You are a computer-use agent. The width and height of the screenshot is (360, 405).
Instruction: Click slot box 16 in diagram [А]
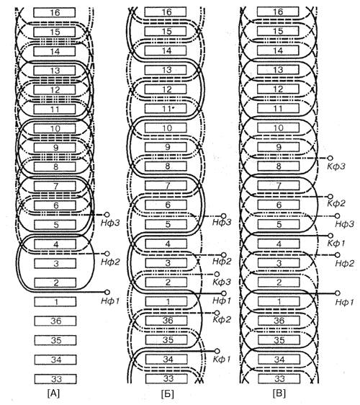[x=55, y=12]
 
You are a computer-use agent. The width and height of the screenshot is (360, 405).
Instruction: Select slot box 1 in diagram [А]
[x=55, y=302]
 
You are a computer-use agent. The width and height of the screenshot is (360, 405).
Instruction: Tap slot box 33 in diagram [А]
[x=55, y=379]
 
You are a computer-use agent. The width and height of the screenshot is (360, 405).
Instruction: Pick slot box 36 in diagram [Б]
[x=167, y=321]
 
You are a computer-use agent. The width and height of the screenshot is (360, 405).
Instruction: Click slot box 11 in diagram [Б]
[x=166, y=109]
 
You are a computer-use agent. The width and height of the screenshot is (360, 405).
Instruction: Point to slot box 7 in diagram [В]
[x=279, y=185]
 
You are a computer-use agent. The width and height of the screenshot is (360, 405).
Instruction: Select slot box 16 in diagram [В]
[x=278, y=12]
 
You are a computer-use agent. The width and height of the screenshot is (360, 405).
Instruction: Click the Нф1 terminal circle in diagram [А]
[x=107, y=292]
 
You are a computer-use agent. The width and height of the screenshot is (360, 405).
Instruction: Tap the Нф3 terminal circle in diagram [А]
[x=107, y=215]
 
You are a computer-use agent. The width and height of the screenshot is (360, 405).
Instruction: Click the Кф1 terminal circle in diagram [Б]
[x=217, y=351]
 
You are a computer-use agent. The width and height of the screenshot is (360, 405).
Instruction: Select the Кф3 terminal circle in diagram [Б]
[x=217, y=274]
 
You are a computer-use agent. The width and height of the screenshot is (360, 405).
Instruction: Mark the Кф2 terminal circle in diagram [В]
[x=330, y=197]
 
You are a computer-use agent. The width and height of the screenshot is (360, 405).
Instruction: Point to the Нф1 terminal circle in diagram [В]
[x=337, y=293]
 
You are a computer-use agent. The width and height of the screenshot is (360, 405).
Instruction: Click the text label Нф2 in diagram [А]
[x=110, y=262]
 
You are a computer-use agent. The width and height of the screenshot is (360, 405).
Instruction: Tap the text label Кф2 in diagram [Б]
[x=222, y=320]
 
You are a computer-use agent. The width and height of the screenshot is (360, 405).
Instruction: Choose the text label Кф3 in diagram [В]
[x=336, y=166]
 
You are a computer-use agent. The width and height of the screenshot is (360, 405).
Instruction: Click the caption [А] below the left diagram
[x=53, y=393]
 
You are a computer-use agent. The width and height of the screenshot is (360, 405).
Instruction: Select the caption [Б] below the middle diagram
[x=167, y=394]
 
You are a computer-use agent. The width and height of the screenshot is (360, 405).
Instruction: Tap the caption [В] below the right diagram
[x=279, y=393]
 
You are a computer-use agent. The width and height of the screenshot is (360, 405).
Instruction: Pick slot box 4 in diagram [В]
[x=279, y=244]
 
